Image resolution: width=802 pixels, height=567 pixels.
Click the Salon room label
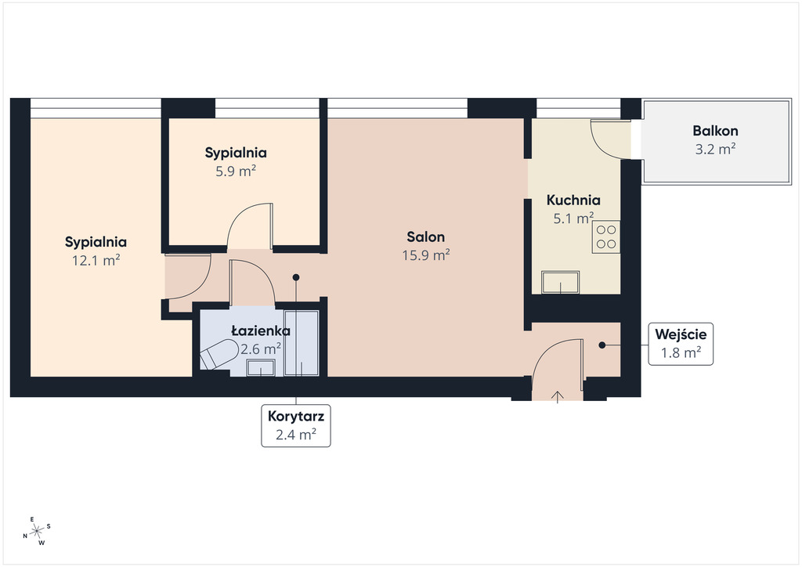pos(425,237)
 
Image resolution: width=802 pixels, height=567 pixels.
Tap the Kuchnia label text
pos(573,200)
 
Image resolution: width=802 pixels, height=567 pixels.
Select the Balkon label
pos(715,131)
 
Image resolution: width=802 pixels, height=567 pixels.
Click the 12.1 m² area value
pos(96,260)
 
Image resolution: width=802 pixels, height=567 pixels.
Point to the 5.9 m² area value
pos(236,171)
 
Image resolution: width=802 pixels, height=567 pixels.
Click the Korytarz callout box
pos(295,426)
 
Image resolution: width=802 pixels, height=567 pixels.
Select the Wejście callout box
pos(681,344)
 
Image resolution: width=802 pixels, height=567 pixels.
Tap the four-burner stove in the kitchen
pos(606,237)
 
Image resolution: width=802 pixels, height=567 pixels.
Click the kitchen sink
pos(561,282)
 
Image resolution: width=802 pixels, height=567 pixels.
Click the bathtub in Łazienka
pos(302,343)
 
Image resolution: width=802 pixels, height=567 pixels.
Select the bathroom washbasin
pos(261,367)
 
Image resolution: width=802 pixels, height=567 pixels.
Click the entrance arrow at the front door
pos(558,397)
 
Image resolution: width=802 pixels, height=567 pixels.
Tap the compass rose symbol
pos(37,531)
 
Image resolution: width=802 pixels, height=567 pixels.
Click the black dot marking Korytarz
pos(295,277)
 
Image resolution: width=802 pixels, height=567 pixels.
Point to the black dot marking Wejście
pos(602,345)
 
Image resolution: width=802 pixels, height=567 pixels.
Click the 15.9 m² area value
pos(426,255)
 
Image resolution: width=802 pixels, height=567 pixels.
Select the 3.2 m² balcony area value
pos(715,150)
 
